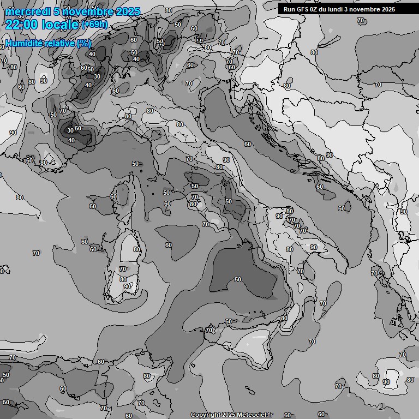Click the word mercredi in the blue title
[x=28, y=12]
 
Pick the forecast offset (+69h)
[x=94, y=25]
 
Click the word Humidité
[x=23, y=43]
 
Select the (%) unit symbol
[x=84, y=43]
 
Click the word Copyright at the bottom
[x=205, y=415]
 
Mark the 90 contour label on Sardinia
[x=127, y=286]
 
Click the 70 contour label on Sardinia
[x=123, y=269]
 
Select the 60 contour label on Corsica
[x=113, y=196]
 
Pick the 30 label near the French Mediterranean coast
[x=70, y=130]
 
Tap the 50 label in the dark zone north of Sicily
[x=237, y=279]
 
